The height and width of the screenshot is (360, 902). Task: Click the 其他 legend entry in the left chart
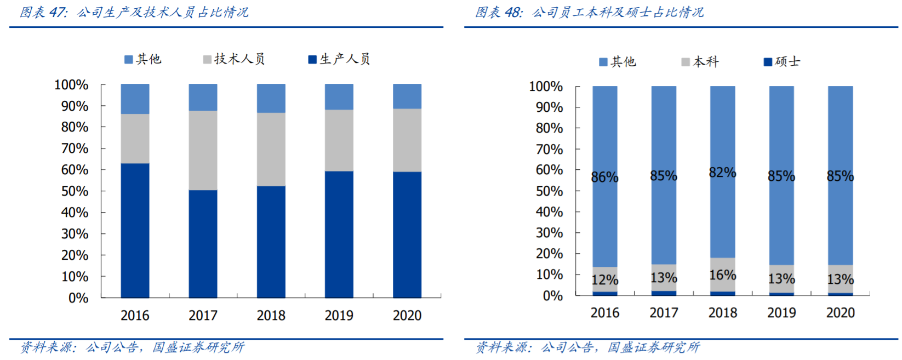[x=143, y=59]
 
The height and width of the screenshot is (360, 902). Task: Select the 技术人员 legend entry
[x=234, y=59]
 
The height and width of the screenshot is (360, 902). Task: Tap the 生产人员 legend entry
[x=339, y=59]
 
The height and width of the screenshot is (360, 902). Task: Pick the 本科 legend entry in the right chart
[x=700, y=62]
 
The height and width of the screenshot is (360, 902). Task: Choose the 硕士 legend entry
[x=782, y=62]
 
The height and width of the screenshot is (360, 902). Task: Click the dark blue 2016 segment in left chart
[x=135, y=230]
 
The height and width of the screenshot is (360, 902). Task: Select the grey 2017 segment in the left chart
[x=203, y=150]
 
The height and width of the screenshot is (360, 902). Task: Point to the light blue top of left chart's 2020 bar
[x=407, y=96]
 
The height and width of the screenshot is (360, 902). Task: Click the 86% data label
[x=604, y=177]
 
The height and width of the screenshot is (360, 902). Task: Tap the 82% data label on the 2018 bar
[x=722, y=173]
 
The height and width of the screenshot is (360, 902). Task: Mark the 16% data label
[x=722, y=275]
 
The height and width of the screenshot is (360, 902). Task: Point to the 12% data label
[x=604, y=280]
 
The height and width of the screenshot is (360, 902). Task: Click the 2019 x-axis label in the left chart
[x=339, y=316]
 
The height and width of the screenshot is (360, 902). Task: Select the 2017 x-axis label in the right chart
[x=664, y=313]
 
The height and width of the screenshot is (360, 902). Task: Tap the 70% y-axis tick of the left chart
[x=75, y=148]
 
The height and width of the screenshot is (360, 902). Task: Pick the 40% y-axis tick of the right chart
[x=549, y=212]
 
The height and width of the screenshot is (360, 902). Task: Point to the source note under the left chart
[x=132, y=347]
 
